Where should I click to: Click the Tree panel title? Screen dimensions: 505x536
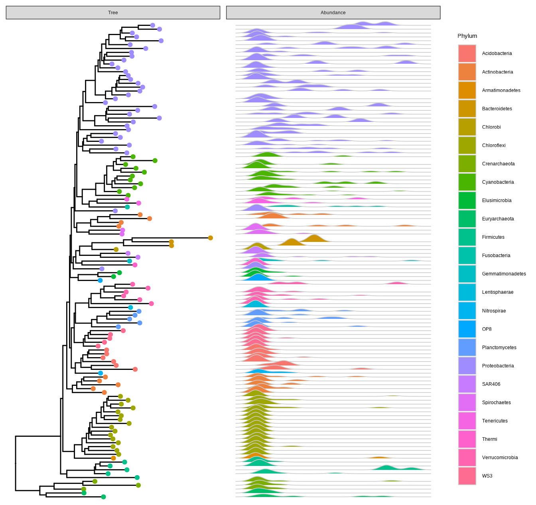coord(113,13)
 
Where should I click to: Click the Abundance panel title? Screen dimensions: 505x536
coord(333,13)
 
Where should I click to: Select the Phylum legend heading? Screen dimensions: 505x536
coord(467,36)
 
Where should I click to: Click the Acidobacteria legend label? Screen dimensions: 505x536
coord(497,53)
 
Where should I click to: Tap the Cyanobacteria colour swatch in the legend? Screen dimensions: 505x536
coord(467,182)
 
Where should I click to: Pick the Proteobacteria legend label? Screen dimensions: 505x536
coord(498,366)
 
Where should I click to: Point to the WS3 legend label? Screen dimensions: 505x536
coord(487,476)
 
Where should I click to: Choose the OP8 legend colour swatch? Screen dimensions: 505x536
coord(467,329)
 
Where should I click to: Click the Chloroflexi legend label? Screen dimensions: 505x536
coord(493,145)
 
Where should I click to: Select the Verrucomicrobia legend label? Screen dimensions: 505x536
coord(500,458)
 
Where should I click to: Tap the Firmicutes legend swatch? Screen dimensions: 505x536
coord(467,237)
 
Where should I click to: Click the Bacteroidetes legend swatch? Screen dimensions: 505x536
coord(467,109)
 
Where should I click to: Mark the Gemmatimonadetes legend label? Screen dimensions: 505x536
coord(504,274)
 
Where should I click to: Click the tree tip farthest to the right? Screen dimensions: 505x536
coord(211,238)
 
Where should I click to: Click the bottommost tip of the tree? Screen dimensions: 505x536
coord(103,497)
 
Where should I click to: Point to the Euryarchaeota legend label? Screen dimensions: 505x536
coord(498,219)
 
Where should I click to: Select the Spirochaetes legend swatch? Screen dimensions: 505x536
coord(467,403)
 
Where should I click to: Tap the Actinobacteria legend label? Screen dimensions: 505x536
coord(497,72)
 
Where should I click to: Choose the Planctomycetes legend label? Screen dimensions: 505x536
coord(499,348)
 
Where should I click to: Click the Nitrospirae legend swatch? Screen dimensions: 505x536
coord(467,311)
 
